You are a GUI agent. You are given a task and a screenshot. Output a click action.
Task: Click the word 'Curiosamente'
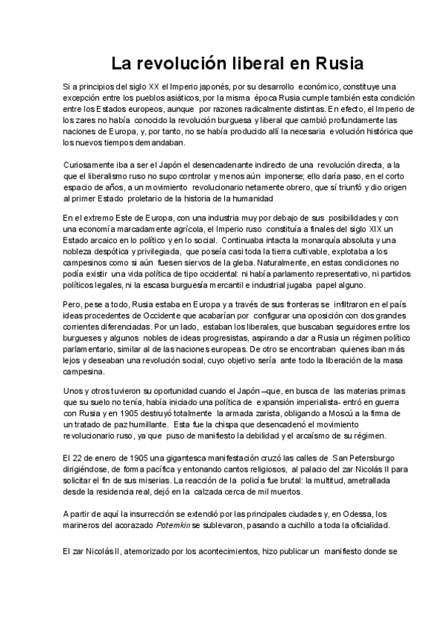tap(90, 164)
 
